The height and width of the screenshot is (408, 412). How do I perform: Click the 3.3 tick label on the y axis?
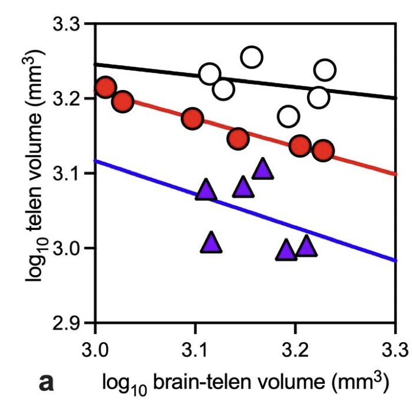pos(68,25)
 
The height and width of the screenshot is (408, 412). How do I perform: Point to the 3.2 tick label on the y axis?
pos(68,99)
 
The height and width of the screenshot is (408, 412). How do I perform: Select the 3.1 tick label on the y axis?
pos(68,174)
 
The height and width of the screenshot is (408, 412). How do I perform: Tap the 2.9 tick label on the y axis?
pos(68,323)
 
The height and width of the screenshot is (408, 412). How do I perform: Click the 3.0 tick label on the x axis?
pos(95,349)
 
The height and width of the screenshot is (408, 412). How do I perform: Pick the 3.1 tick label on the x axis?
pos(196,349)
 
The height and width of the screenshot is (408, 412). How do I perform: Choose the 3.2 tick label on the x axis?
pos(296,349)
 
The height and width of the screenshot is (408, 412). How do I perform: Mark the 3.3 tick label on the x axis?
pos(394,349)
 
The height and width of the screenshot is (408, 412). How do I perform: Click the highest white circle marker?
pos(252,57)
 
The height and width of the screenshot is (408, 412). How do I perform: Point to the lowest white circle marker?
pos(289,117)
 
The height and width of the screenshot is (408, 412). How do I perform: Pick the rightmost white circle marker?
pos(325,70)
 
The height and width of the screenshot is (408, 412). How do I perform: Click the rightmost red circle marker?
pos(324,151)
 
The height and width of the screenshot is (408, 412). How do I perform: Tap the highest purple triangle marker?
pos(262,169)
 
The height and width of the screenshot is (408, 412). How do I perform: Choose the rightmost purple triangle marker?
pos(306,246)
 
